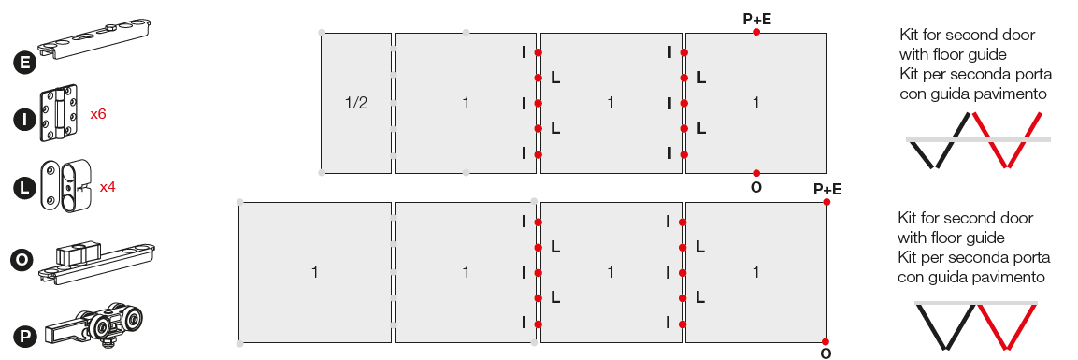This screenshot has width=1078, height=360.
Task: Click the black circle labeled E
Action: tap(24, 64)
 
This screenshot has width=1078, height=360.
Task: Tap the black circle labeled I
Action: tap(24, 120)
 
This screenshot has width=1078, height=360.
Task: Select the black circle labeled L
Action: tap(24, 188)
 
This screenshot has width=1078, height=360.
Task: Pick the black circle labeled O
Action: tap(22, 260)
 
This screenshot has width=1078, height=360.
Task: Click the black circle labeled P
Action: tap(24, 336)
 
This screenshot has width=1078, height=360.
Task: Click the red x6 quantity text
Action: tap(98, 114)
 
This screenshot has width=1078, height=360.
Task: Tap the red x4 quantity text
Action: tap(108, 186)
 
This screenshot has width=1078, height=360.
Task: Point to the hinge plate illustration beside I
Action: tap(59, 113)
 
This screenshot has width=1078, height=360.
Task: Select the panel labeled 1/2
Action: tap(356, 103)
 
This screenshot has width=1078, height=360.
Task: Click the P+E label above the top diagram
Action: tap(757, 20)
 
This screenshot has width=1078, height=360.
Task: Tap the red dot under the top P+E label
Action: tap(756, 33)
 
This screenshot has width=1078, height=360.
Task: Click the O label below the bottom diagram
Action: tap(826, 353)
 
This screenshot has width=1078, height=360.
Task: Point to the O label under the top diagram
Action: tap(756, 187)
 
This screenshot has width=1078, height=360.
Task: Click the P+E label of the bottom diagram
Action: tap(827, 190)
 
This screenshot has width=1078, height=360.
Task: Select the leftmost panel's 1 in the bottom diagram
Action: tap(315, 272)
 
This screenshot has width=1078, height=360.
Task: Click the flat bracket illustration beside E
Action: tap(94, 38)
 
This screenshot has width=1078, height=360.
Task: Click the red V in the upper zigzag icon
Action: tap(1007, 139)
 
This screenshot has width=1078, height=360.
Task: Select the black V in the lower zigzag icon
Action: tap(946, 325)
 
